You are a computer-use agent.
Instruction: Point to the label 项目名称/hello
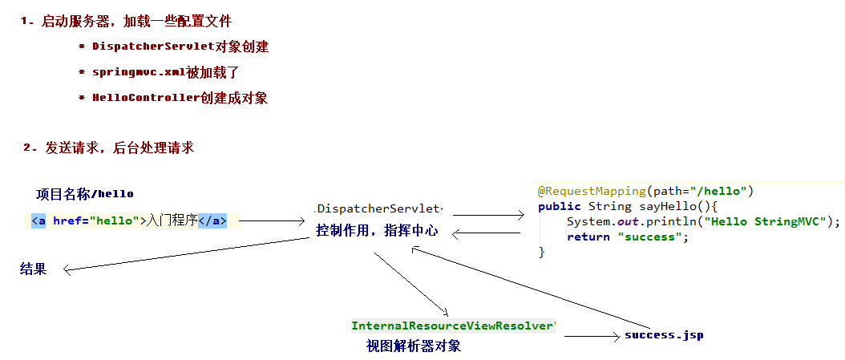pyautogui.click(x=84, y=194)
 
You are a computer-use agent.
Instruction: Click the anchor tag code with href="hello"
pyautogui.click(x=129, y=220)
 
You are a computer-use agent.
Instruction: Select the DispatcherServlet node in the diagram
pyautogui.click(x=379, y=209)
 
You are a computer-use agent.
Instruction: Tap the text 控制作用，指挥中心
pyautogui.click(x=377, y=231)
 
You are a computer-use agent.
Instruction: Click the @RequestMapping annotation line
pyautogui.click(x=646, y=192)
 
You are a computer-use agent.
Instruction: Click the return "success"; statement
pyautogui.click(x=628, y=237)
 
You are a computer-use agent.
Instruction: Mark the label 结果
pyautogui.click(x=33, y=269)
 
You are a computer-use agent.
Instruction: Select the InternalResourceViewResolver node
pyautogui.click(x=453, y=326)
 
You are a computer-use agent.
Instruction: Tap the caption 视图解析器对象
pyautogui.click(x=413, y=346)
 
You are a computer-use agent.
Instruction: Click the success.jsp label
pyautogui.click(x=664, y=334)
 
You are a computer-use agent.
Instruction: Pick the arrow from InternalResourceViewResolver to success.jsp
pyautogui.click(x=592, y=336)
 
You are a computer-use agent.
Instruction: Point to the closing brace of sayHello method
pyautogui.click(x=542, y=252)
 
